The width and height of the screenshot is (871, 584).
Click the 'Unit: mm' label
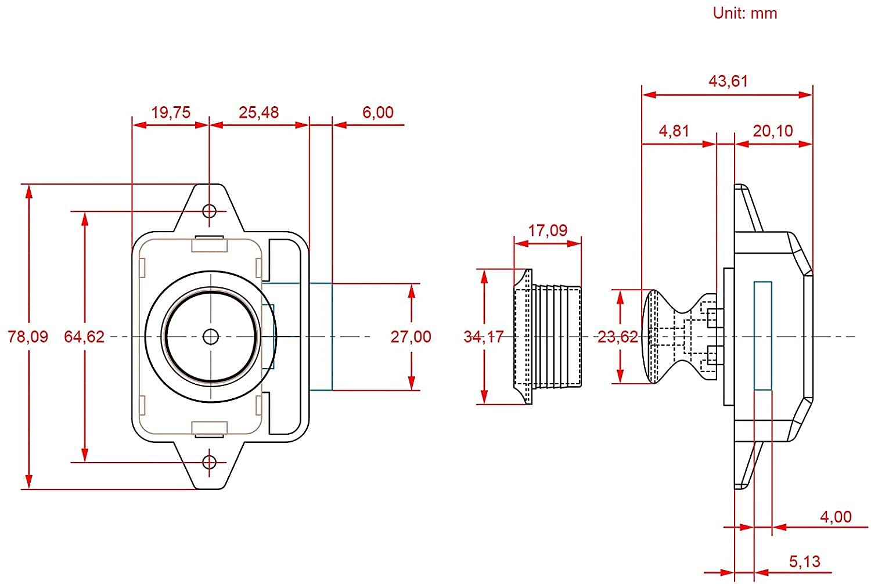744,13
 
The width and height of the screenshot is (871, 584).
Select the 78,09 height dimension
28,337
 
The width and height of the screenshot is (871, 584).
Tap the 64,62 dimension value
84,337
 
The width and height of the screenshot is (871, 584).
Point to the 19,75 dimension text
171,113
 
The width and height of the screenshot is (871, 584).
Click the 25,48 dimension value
258,113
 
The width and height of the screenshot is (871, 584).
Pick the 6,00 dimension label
378,113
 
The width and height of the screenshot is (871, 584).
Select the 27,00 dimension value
411,337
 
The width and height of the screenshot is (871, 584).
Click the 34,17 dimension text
484,337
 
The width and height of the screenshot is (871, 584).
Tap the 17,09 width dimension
548,230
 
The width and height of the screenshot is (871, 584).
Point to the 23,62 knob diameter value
617,337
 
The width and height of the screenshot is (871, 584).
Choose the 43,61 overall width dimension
728,81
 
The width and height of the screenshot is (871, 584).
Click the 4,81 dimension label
674,131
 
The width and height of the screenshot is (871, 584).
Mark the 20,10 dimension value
773,131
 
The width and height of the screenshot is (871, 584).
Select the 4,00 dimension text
836,517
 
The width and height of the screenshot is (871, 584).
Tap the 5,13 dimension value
804,561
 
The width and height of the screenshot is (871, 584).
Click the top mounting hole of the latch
210,211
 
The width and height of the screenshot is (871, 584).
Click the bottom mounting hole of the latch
210,462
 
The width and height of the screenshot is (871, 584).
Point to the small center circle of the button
211,337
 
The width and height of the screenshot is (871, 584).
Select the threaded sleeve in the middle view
548,337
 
